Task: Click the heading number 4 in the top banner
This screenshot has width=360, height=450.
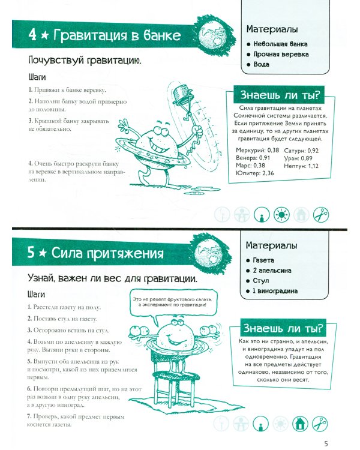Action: pyautogui.click(x=32, y=34)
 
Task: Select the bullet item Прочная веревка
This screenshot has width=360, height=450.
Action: pyautogui.click(x=281, y=54)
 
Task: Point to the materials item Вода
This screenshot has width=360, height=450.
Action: pyautogui.click(x=261, y=64)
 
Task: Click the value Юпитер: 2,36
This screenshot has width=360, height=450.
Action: pyautogui.click(x=254, y=173)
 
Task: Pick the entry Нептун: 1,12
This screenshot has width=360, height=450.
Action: pyautogui.click(x=301, y=166)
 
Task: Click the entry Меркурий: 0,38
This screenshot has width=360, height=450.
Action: pyautogui.click(x=257, y=150)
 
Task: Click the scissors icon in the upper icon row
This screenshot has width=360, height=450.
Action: pyautogui.click(x=320, y=214)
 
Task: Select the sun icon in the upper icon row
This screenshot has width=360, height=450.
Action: pyautogui.click(x=281, y=214)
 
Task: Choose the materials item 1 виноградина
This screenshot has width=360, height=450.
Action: pyautogui.click(x=275, y=291)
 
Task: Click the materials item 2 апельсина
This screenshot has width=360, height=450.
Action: pyautogui.click(x=272, y=271)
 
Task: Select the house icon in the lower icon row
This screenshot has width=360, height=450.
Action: pyautogui.click(x=300, y=424)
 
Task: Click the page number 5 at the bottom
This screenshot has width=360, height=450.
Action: pyautogui.click(x=326, y=443)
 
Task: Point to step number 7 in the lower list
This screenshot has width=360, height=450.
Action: pyautogui.click(x=29, y=416)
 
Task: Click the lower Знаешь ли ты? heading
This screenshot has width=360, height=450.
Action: pyautogui.click(x=283, y=328)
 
